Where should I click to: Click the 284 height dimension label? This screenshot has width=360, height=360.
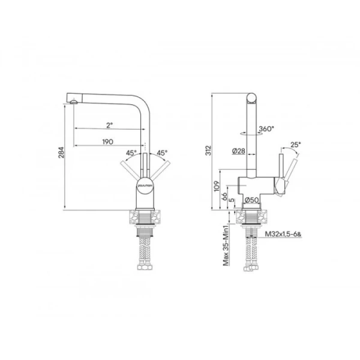point(60,156)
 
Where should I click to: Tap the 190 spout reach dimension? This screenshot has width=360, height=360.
point(109,141)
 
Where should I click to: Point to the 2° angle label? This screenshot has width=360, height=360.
point(109,125)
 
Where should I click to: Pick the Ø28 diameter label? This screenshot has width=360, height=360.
point(238,152)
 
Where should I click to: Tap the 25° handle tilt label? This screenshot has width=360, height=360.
point(295,144)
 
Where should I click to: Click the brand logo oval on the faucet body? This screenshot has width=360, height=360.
point(145,187)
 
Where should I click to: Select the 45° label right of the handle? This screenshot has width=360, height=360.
point(161,153)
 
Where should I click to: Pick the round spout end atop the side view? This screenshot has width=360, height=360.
point(251,98)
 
